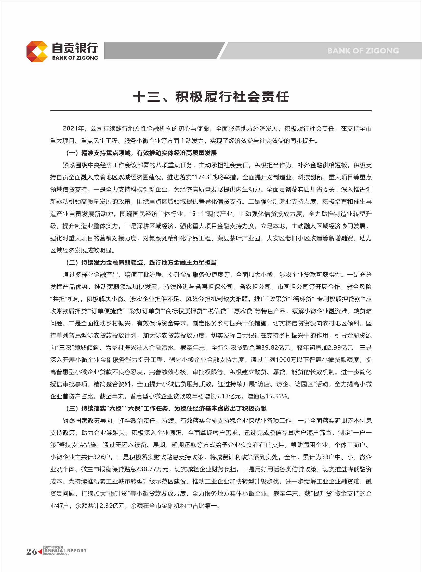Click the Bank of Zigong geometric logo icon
pyautogui.click(x=37, y=51)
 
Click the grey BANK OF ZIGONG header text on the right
pyautogui.click(x=363, y=51)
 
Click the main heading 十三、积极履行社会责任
pyautogui.click(x=211, y=97)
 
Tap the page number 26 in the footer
pyautogui.click(x=31, y=552)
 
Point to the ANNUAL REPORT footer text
pyautogui.click(x=65, y=551)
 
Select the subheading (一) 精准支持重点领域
pyautogui.click(x=141, y=153)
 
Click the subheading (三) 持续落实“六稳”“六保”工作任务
pyautogui.click(x=166, y=408)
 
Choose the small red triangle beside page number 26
pyautogui.click(x=40, y=552)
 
